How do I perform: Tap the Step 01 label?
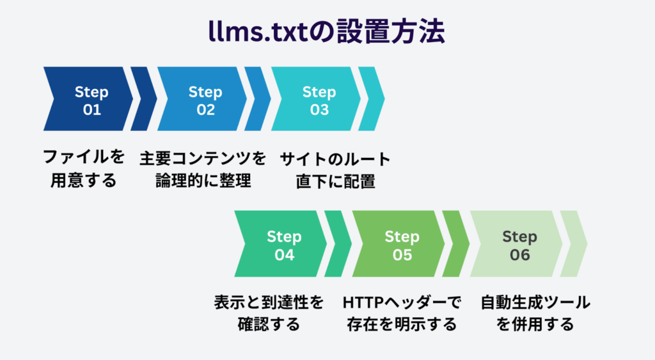[x=91, y=100]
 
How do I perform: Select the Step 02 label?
[x=205, y=100]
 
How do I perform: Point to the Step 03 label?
[x=319, y=100]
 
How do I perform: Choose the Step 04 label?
[x=284, y=245]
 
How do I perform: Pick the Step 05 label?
[x=402, y=245]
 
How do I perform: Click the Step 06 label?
[x=519, y=245]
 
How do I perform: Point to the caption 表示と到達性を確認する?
[x=269, y=313]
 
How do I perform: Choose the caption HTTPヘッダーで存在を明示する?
[x=402, y=313]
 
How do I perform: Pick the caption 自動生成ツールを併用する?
[x=535, y=313]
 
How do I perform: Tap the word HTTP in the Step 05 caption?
[x=363, y=302]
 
